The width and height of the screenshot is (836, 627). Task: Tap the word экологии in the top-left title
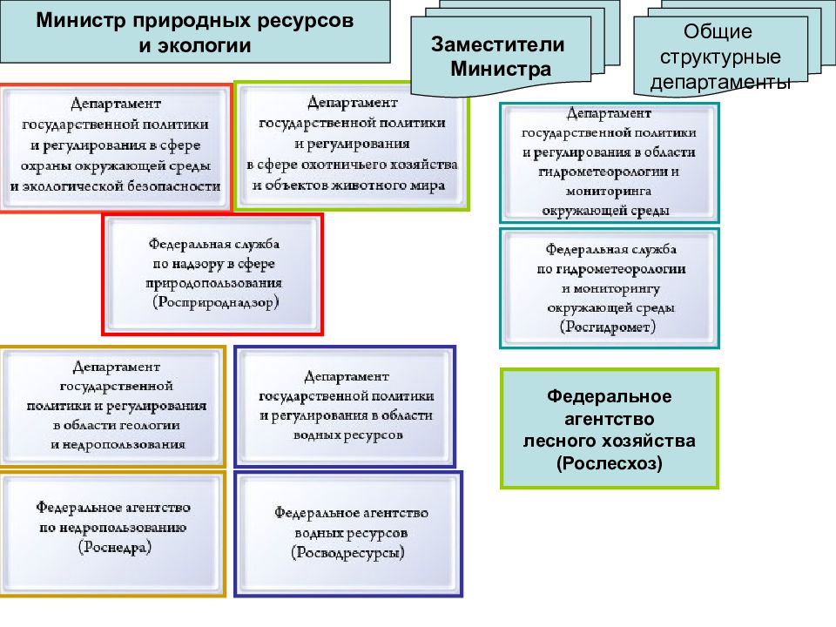[207, 44]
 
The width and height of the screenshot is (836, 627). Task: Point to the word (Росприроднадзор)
[213, 301]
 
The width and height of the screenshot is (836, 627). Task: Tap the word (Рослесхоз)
[610, 462]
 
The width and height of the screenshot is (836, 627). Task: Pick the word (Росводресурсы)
[348, 552]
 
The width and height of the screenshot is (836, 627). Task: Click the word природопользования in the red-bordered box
[213, 283]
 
